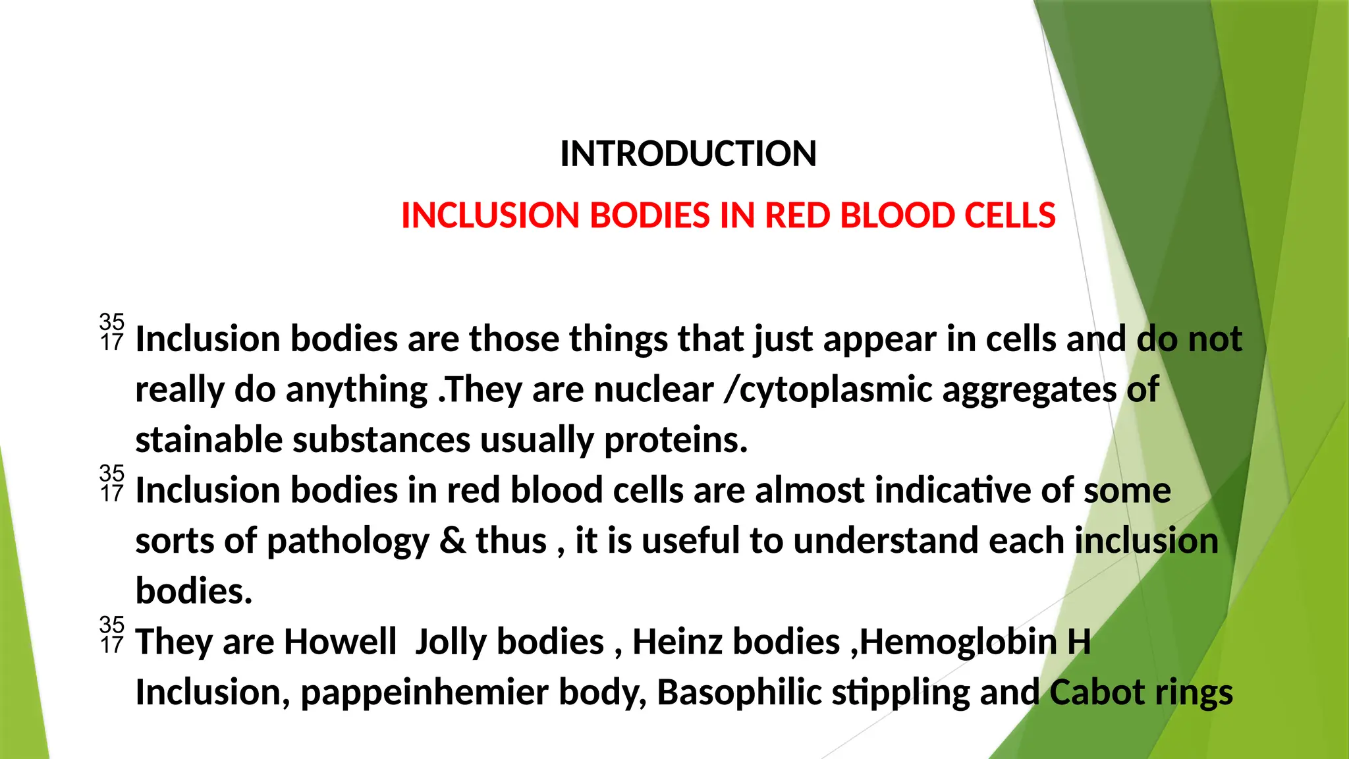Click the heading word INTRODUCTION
click(x=688, y=154)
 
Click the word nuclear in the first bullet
click(x=653, y=389)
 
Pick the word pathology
click(x=348, y=541)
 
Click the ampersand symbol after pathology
click(x=452, y=541)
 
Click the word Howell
click(x=340, y=642)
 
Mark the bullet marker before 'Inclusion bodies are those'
click(x=112, y=332)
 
